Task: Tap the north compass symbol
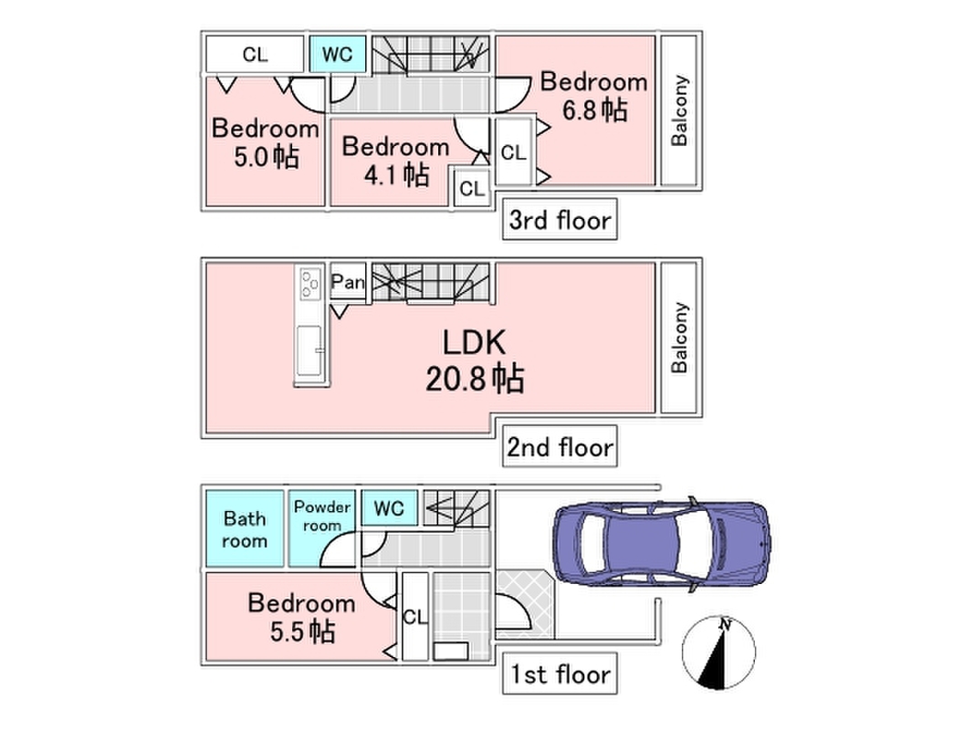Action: pos(719,653)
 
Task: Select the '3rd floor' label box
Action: pos(560,220)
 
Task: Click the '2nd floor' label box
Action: pos(560,448)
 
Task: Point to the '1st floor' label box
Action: pos(559,676)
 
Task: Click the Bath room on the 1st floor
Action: pos(246,529)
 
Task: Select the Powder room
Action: pos(321,516)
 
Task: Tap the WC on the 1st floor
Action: pos(389,506)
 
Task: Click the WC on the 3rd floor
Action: pos(338,54)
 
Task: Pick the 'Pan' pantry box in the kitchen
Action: pos(348,283)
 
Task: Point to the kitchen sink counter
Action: pos(310,350)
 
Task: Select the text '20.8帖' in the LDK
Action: pos(475,378)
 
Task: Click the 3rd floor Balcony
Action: pos(680,110)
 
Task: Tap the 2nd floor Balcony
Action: pos(680,337)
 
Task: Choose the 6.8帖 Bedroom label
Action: pos(594,96)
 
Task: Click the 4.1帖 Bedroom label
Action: pos(395,160)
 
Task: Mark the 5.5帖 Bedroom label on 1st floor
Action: pos(301,616)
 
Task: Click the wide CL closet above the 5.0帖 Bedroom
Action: pos(255,54)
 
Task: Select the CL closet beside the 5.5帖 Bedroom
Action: pos(414,617)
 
